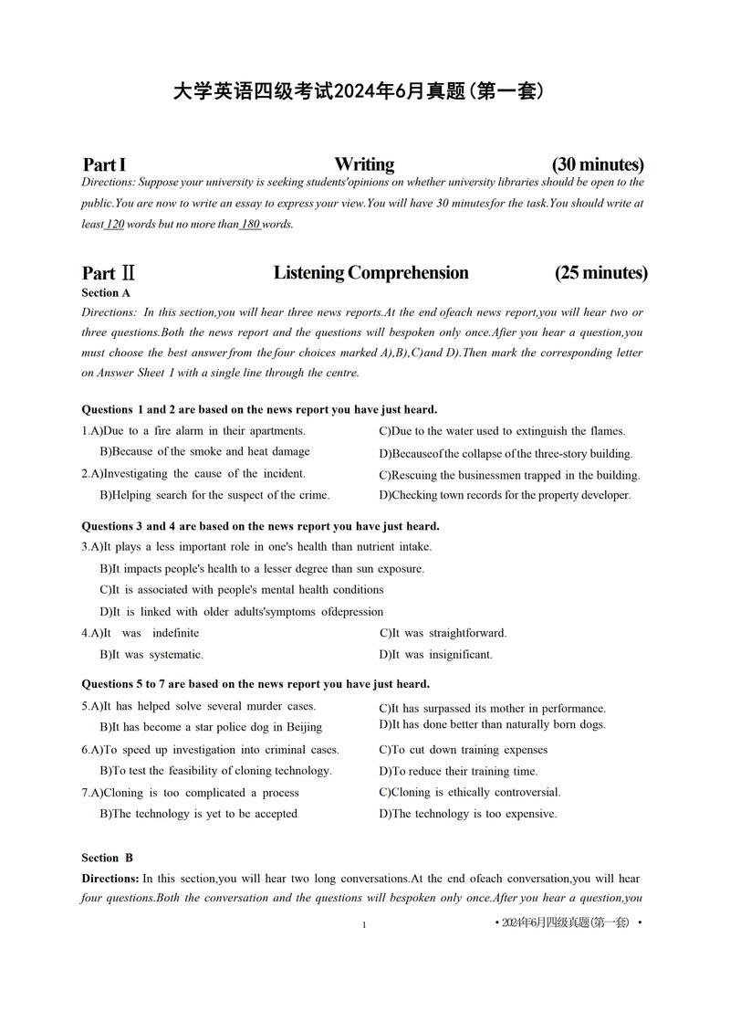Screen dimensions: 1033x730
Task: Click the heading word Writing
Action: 364,164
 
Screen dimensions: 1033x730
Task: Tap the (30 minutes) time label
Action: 598,164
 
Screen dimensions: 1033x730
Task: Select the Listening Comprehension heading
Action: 370,272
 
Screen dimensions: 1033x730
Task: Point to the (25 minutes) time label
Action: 600,272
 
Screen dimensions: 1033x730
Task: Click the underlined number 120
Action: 115,224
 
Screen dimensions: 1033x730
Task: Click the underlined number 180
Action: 250,224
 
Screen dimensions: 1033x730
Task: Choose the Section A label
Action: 106,292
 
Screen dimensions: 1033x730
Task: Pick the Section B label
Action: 107,858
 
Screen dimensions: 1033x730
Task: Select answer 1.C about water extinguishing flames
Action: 502,431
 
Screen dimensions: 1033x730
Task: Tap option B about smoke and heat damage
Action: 204,451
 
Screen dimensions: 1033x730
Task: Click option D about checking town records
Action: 505,495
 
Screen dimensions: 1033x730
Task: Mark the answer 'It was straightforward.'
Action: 443,633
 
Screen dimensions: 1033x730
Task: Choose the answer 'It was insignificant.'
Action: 435,654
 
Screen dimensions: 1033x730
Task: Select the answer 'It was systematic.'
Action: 151,654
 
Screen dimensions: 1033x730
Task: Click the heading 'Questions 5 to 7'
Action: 255,683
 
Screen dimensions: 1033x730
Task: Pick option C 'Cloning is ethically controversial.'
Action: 470,792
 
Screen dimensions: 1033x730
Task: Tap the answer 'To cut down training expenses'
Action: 463,750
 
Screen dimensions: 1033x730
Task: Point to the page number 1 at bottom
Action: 363,925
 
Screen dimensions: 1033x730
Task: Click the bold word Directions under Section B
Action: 110,879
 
